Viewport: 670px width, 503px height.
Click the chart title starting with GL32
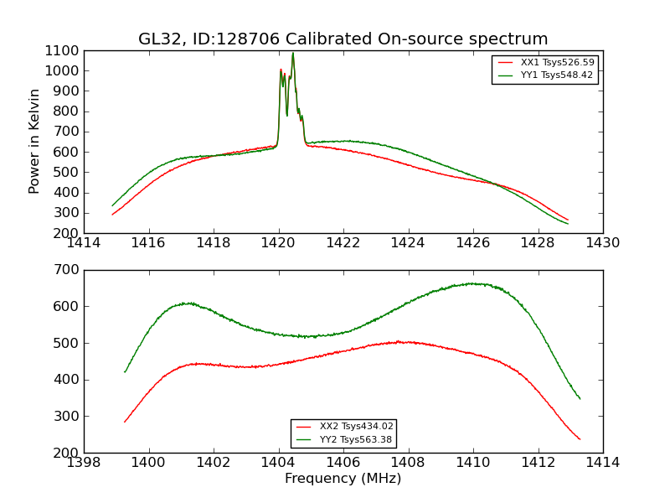[x=343, y=39]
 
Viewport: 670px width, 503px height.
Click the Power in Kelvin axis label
[x=35, y=141]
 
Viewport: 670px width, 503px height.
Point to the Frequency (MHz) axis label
[x=343, y=479]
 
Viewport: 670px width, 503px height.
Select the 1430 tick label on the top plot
[x=602, y=243]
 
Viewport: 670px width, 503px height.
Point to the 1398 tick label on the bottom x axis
[x=84, y=463]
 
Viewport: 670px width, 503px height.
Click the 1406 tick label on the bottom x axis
[x=343, y=463]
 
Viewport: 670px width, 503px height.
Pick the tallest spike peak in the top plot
[x=293, y=54]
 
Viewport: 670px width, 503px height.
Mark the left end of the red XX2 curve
[x=125, y=422]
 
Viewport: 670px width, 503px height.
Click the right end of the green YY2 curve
[x=580, y=398]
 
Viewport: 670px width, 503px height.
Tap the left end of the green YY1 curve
[x=112, y=205]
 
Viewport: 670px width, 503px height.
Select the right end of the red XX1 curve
[x=568, y=220]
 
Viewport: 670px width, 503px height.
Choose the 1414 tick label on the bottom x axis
[x=602, y=463]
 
